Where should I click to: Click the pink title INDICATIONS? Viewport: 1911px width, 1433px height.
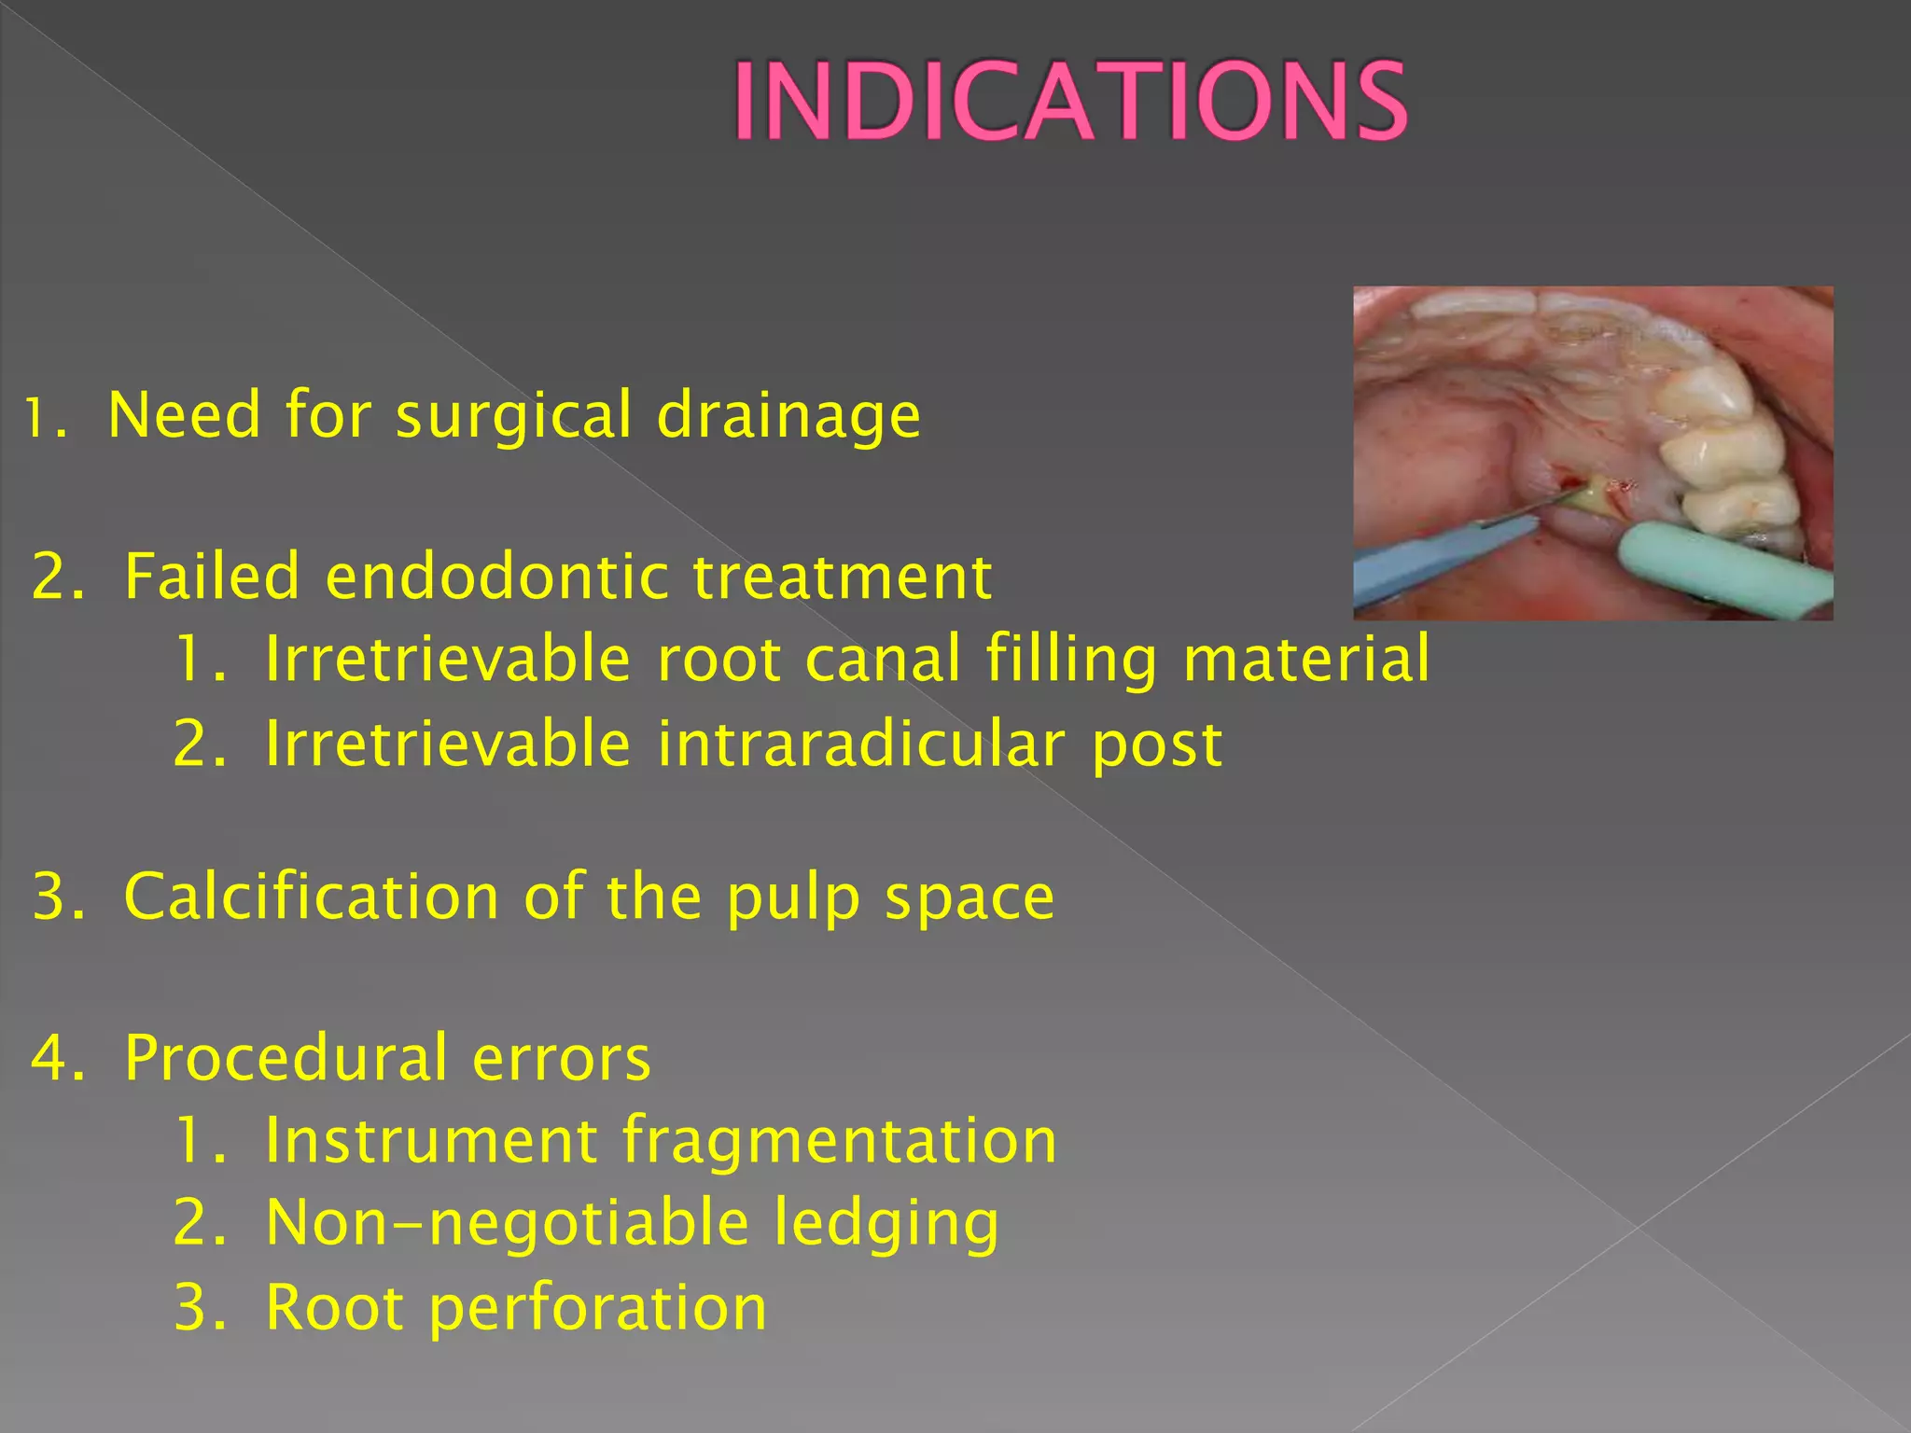(1069, 101)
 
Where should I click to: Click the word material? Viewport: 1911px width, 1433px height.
(1305, 659)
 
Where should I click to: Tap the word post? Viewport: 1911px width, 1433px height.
(1157, 744)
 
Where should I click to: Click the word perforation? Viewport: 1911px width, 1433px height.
(597, 1308)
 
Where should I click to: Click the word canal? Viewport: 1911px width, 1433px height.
(882, 659)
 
